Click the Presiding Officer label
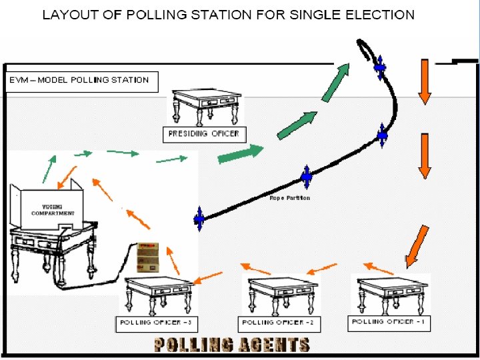coord(204,133)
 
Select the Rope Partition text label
coord(289,198)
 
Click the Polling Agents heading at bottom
coord(231,345)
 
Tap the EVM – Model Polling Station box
coord(82,81)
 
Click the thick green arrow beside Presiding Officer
coord(241,155)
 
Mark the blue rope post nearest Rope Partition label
coord(306,177)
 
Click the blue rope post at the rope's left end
coord(199,217)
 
